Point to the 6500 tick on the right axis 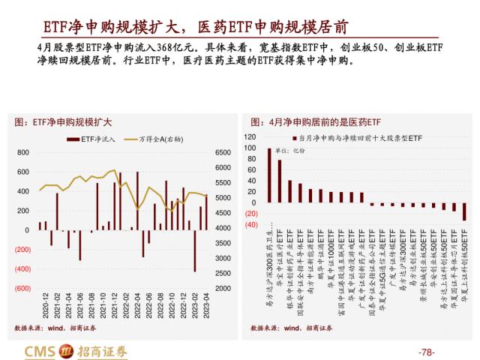click(223, 152)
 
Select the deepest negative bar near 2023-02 click(195, 251)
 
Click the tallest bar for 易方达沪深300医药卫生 click(269, 175)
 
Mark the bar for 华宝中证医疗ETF click(280, 181)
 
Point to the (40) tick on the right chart click(250, 224)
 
